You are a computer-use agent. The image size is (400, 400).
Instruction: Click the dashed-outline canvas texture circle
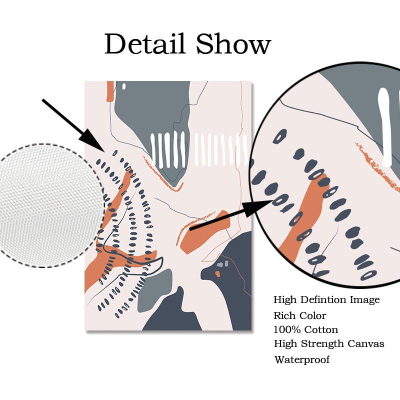tap(50, 205)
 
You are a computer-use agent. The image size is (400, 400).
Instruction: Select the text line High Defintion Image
tap(326, 300)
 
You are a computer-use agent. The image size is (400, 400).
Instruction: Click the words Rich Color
tap(299, 315)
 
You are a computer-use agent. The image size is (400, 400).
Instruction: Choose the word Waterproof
tap(301, 359)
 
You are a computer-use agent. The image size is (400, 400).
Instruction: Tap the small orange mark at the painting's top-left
tap(110, 91)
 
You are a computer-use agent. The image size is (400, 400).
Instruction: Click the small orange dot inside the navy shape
tap(218, 274)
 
